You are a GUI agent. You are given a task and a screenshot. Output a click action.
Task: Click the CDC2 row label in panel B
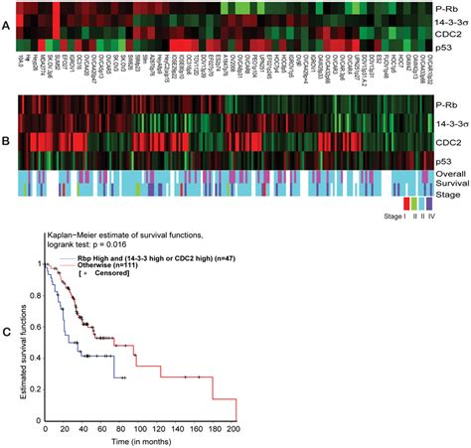click(x=449, y=140)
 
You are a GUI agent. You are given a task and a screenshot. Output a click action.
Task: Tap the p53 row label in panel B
click(x=446, y=158)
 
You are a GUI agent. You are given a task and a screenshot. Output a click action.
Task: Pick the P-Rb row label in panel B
click(x=449, y=103)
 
